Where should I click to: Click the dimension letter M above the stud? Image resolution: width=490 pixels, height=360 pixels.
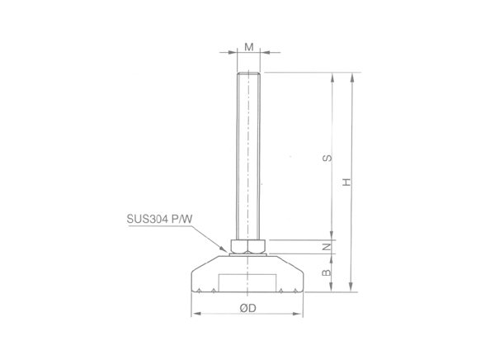[x=248, y=47]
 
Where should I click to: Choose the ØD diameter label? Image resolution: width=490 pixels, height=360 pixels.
[x=247, y=307]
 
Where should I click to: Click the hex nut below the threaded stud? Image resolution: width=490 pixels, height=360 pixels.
[x=248, y=245]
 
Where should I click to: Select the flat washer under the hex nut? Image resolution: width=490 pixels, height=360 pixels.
[x=248, y=253]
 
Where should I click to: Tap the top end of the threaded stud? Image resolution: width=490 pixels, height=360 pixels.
[x=248, y=74]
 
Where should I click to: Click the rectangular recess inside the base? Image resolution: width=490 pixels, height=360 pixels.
[x=248, y=282]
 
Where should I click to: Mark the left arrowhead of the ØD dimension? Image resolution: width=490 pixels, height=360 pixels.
[x=195, y=315]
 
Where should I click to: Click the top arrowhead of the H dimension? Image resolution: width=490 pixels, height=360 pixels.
[x=354, y=77]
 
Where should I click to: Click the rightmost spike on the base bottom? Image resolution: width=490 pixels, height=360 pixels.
[x=295, y=290]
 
